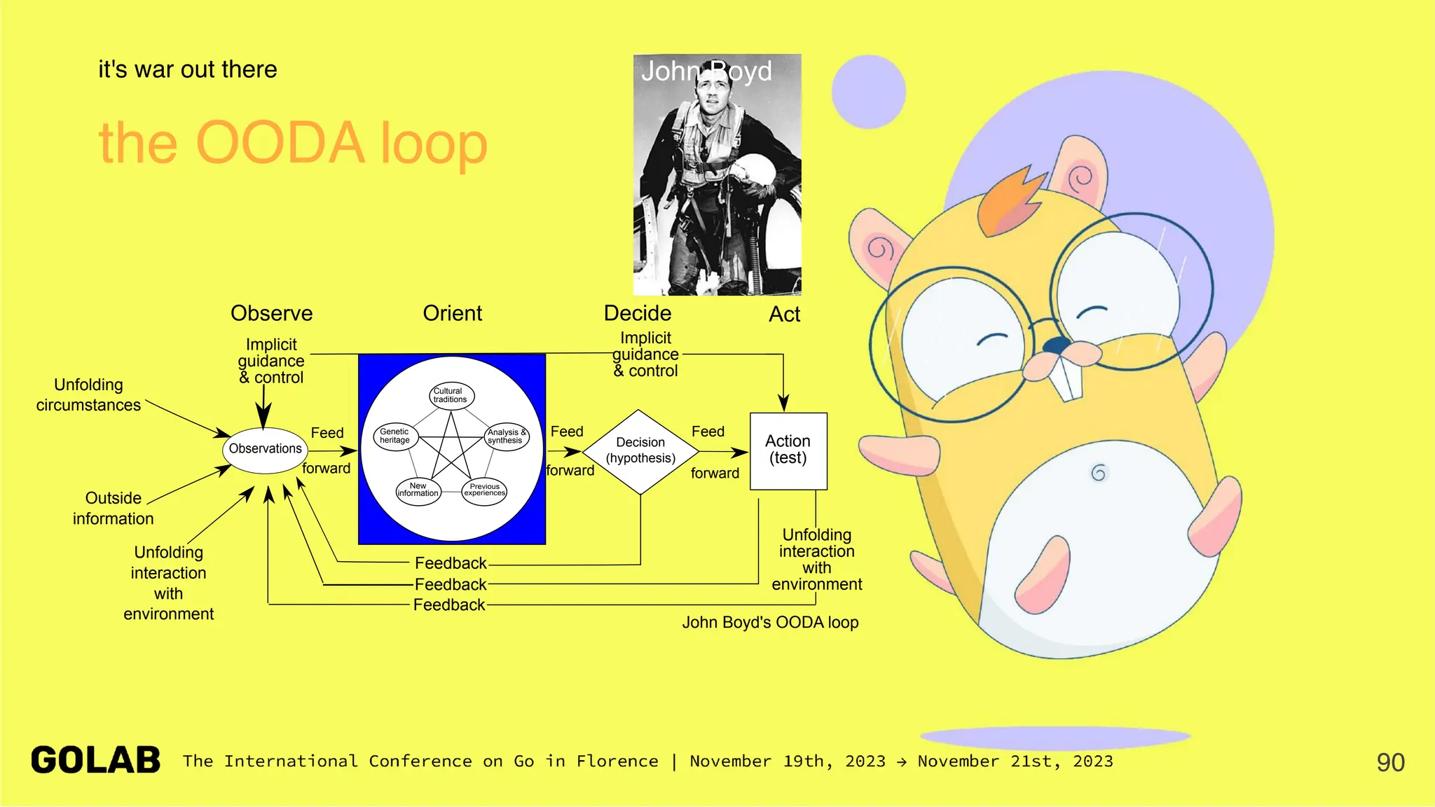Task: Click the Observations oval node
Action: [x=265, y=449]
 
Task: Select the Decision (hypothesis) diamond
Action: [x=640, y=451]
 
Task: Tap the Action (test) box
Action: [x=788, y=450]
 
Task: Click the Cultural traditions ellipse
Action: [x=451, y=396]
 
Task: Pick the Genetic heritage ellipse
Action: [x=395, y=436]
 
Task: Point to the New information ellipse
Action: [x=418, y=490]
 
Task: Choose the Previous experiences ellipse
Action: [x=484, y=490]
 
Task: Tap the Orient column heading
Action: [x=452, y=313]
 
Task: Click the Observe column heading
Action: [x=271, y=313]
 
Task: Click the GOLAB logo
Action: [x=96, y=761]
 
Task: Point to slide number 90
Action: [x=1390, y=762]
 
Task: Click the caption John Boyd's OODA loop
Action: [x=770, y=622]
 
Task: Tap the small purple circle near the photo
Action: [x=868, y=92]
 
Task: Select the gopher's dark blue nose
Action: [x=1057, y=345]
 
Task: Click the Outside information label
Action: [x=113, y=508]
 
